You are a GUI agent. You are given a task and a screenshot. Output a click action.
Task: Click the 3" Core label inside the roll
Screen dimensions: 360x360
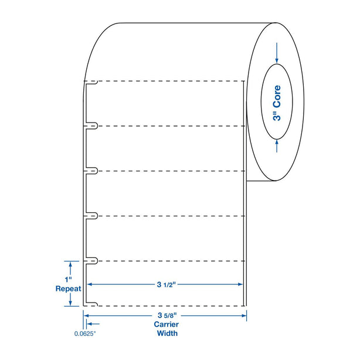tap(277, 103)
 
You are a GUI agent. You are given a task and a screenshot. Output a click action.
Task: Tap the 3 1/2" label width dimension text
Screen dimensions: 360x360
tap(167, 285)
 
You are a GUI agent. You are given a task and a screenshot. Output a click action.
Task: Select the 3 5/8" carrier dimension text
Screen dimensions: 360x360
tap(167, 315)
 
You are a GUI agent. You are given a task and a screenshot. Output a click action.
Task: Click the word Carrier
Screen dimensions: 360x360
tap(167, 324)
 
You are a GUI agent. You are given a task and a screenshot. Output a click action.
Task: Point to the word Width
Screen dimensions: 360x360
tap(167, 333)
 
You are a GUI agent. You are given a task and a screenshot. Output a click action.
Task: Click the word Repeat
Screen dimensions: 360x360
tap(69, 288)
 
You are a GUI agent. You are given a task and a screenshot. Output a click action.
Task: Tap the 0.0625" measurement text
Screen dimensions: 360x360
tap(84, 334)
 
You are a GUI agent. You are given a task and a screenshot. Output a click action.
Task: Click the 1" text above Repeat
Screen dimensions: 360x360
tap(68, 280)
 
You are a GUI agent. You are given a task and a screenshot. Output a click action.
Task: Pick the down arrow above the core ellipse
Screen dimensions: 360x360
tap(277, 53)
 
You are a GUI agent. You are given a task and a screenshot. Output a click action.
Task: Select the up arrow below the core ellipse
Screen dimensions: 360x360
tap(277, 146)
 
